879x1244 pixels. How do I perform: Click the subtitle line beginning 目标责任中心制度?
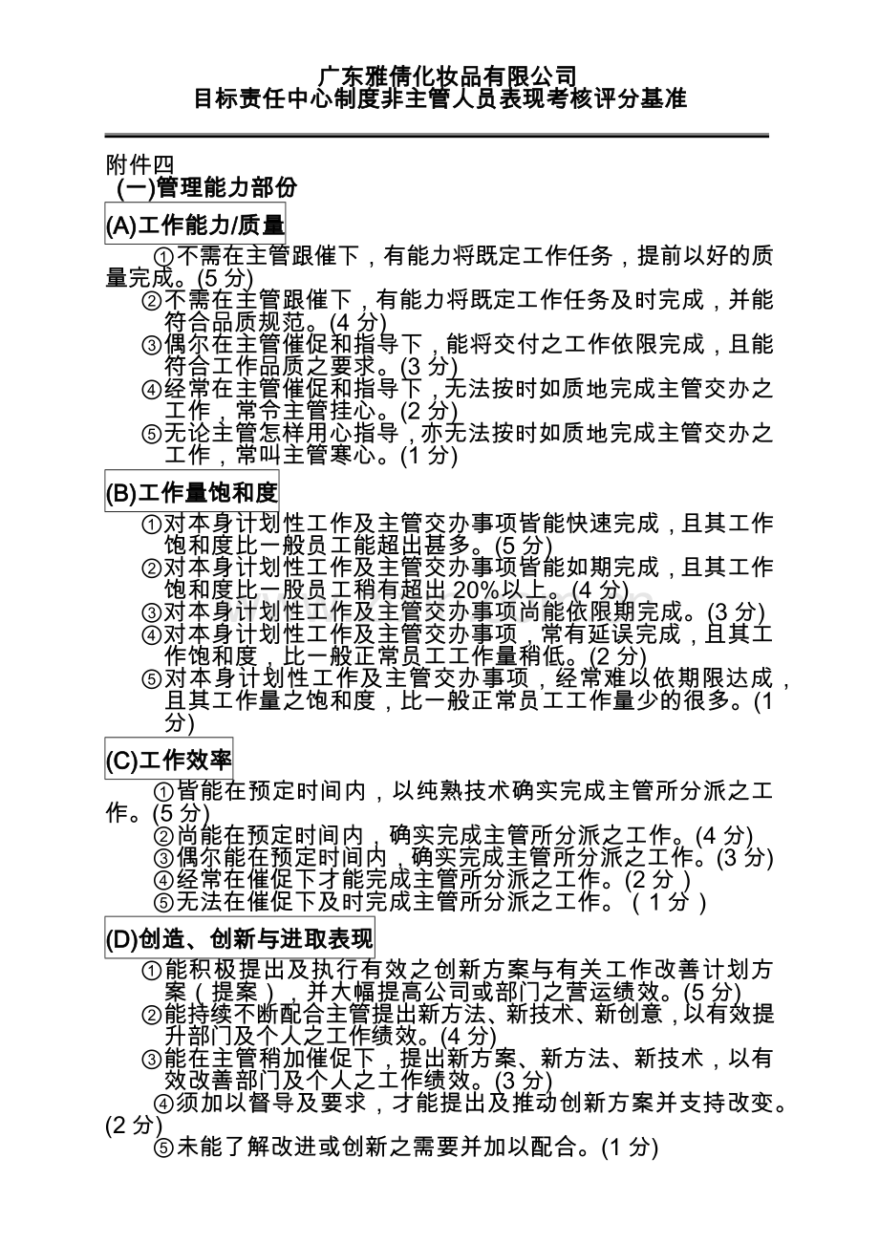tap(440, 98)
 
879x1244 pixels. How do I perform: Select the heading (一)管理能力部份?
tap(206, 188)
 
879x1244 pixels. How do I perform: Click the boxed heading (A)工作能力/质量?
tap(195, 225)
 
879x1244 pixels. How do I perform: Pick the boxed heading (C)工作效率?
tap(168, 761)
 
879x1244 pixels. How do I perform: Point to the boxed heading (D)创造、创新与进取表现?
tap(239, 939)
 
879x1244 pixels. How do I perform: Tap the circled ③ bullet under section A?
tap(152, 345)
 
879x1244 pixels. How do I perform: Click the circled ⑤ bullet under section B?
tap(152, 679)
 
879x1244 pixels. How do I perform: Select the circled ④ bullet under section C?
tap(163, 879)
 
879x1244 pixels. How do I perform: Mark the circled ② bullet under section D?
tap(152, 1014)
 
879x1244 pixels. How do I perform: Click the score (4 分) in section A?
tap(355, 322)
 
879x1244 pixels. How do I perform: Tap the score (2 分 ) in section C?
tap(656, 879)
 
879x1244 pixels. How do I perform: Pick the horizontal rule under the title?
tap(437, 136)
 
